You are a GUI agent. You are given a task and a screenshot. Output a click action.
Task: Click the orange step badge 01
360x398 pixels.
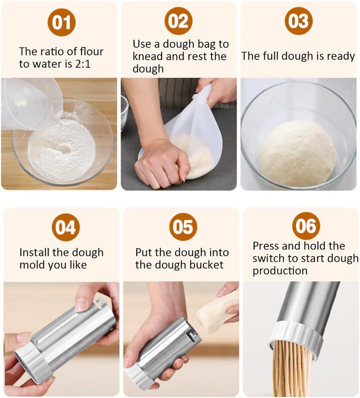click(x=61, y=22)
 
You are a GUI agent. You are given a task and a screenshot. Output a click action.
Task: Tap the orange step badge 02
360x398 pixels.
click(x=179, y=21)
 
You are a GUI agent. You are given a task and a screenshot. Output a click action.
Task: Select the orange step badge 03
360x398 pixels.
click(x=298, y=21)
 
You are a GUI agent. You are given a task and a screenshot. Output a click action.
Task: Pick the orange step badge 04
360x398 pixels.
click(x=66, y=227)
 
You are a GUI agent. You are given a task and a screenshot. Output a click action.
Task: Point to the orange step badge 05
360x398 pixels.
click(x=183, y=227)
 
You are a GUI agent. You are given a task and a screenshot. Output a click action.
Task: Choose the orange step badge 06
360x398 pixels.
click(x=306, y=226)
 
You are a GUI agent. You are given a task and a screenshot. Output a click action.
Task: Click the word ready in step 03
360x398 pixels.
click(x=340, y=56)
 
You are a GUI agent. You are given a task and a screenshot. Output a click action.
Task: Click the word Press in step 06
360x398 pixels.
click(x=266, y=246)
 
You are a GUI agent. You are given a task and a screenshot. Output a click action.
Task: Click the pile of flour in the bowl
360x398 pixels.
click(x=62, y=151)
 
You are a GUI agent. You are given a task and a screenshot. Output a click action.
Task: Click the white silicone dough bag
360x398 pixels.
click(x=194, y=132)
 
